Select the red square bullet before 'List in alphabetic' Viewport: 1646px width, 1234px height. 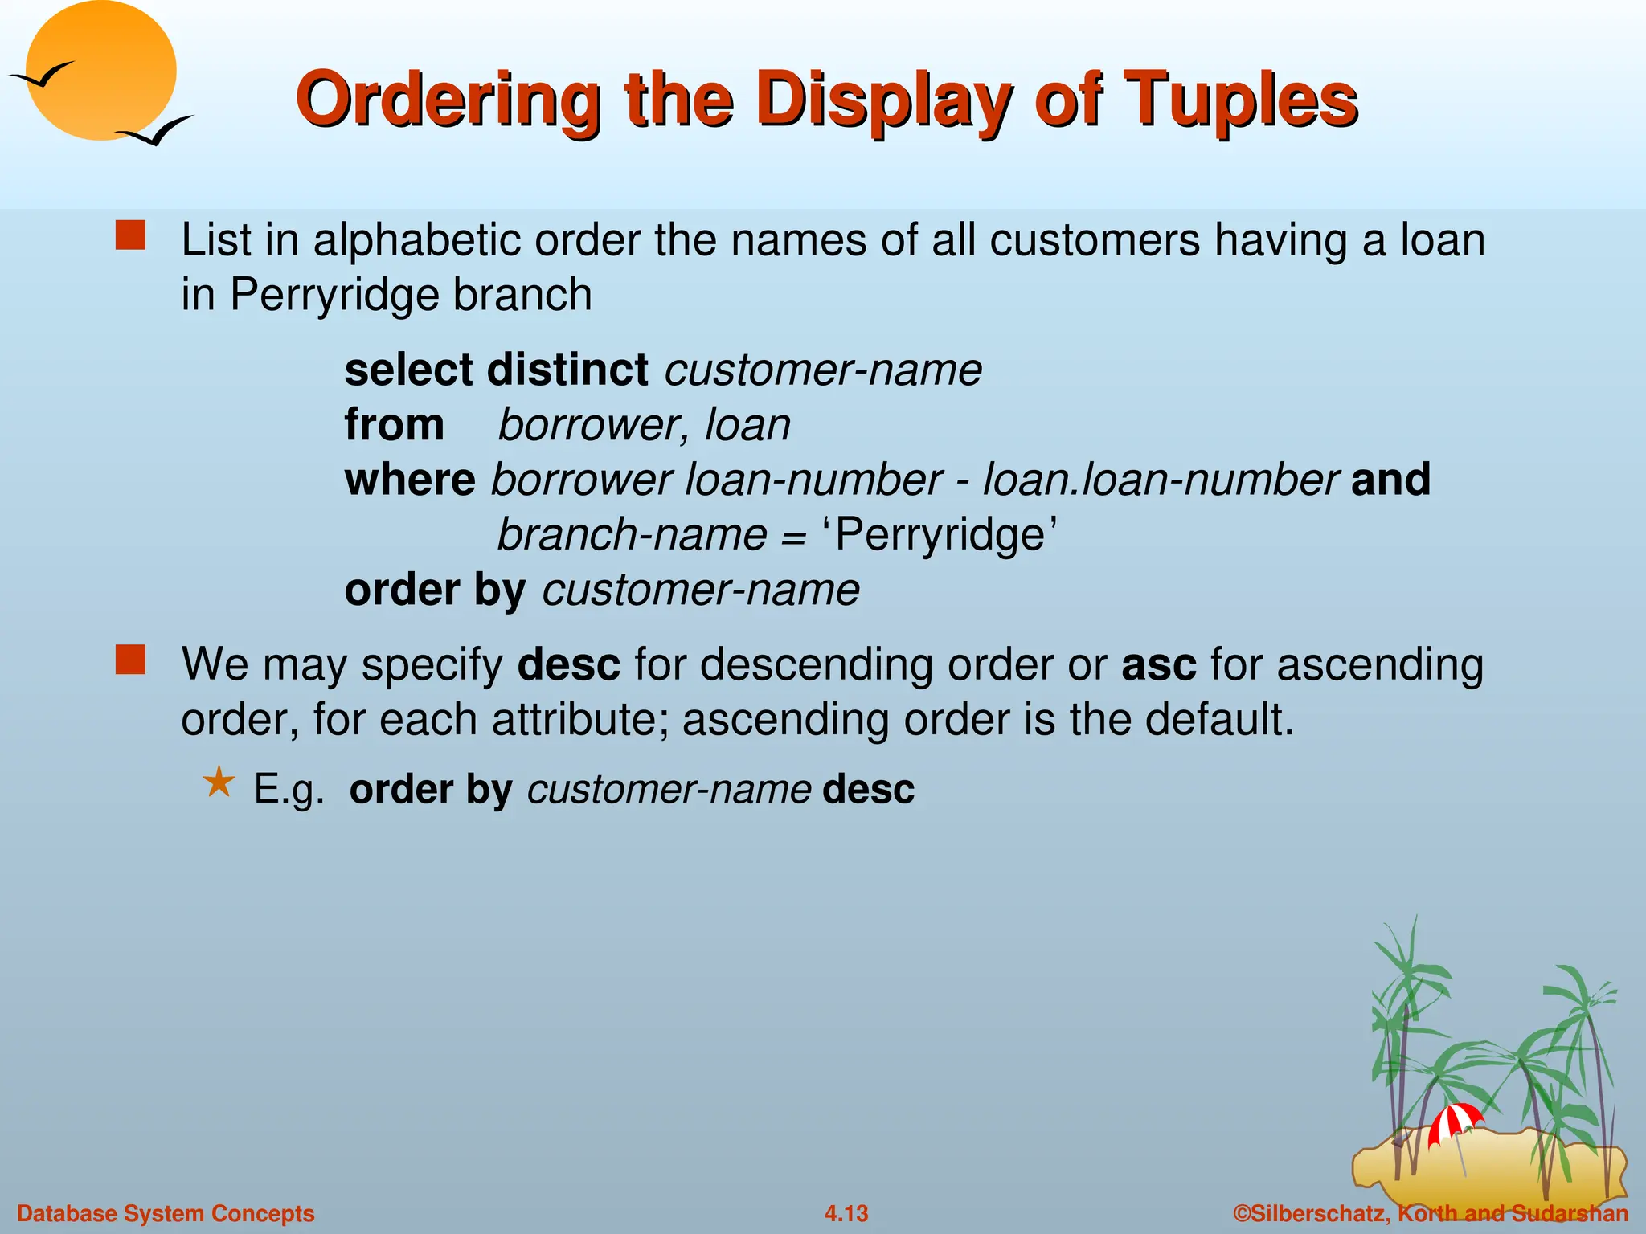click(x=130, y=237)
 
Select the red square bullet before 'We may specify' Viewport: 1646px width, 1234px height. click(x=130, y=660)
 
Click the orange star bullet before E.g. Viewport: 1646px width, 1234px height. click(x=219, y=782)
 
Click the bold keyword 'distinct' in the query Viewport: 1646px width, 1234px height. click(x=567, y=370)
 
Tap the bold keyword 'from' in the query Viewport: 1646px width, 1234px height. click(x=394, y=425)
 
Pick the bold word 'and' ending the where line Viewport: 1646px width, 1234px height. click(x=1390, y=480)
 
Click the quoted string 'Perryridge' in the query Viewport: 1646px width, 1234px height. click(x=939, y=534)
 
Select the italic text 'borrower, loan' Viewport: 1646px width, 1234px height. click(x=644, y=425)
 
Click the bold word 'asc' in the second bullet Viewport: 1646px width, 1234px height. click(x=1158, y=665)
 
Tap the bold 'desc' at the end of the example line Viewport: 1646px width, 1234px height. click(x=868, y=789)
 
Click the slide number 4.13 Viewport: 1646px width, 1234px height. click(x=846, y=1213)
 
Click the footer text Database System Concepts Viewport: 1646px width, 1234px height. click(x=166, y=1213)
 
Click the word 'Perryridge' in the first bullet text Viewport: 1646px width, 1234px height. click(x=333, y=295)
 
